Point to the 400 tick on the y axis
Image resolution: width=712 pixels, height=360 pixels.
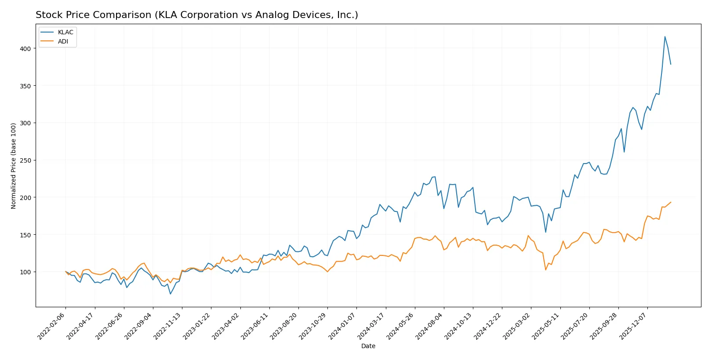(25, 49)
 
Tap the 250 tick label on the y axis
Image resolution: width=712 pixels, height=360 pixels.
(25, 160)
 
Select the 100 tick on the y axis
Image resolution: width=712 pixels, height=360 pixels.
(25, 272)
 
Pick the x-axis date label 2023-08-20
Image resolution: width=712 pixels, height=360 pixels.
(284, 326)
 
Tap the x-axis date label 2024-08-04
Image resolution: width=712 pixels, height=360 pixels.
(429, 326)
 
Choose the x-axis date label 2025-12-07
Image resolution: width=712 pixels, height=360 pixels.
(633, 326)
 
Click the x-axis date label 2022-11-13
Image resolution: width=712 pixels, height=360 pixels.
(167, 326)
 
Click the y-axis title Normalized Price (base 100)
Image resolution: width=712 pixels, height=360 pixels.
(13, 166)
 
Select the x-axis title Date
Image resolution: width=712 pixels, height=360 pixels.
(368, 346)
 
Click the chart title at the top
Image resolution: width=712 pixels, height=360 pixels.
(196, 15)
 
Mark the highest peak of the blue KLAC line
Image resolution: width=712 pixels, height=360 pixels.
(665, 36)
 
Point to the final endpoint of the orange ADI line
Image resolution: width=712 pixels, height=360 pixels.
(671, 202)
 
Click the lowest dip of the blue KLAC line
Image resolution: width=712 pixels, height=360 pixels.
(171, 294)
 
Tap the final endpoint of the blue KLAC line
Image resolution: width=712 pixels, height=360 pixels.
(671, 64)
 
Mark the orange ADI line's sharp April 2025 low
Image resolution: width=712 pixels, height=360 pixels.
(545, 270)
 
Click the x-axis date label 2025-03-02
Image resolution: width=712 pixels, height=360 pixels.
(516, 326)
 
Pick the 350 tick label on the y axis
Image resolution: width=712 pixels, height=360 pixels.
(25, 86)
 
